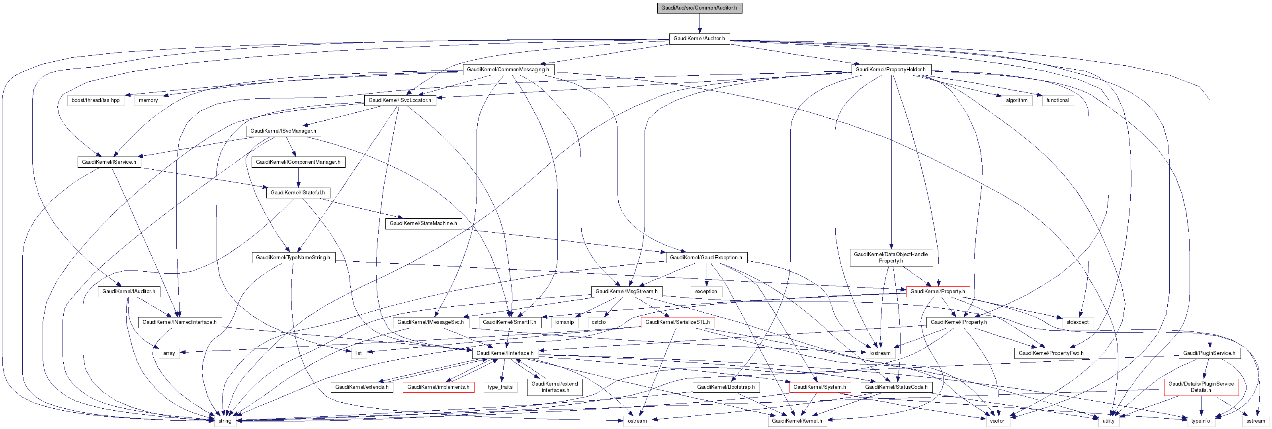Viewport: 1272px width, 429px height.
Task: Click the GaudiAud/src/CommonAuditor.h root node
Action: tap(699, 8)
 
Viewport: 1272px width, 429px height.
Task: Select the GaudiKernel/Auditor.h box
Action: tap(699, 39)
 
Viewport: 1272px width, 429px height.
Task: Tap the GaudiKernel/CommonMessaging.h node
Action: tap(508, 70)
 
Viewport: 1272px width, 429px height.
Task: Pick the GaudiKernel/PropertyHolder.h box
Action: tap(890, 70)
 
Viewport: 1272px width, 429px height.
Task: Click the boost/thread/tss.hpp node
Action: tap(95, 100)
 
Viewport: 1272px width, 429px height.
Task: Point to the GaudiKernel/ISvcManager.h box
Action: tap(283, 131)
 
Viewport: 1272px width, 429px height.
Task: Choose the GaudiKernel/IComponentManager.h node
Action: tap(298, 162)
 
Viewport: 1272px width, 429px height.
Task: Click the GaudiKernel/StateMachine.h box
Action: tap(423, 223)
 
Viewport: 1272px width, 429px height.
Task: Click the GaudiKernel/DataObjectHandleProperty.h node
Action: tap(890, 257)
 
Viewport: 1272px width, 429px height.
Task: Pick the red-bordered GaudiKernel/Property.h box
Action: tap(937, 292)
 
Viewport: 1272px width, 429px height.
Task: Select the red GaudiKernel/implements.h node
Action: tap(438, 387)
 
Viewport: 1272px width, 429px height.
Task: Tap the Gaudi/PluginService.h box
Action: tap(1208, 353)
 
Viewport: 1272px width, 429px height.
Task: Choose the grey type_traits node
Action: tap(500, 387)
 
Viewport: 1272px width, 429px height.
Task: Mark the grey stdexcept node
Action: tap(1077, 322)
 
